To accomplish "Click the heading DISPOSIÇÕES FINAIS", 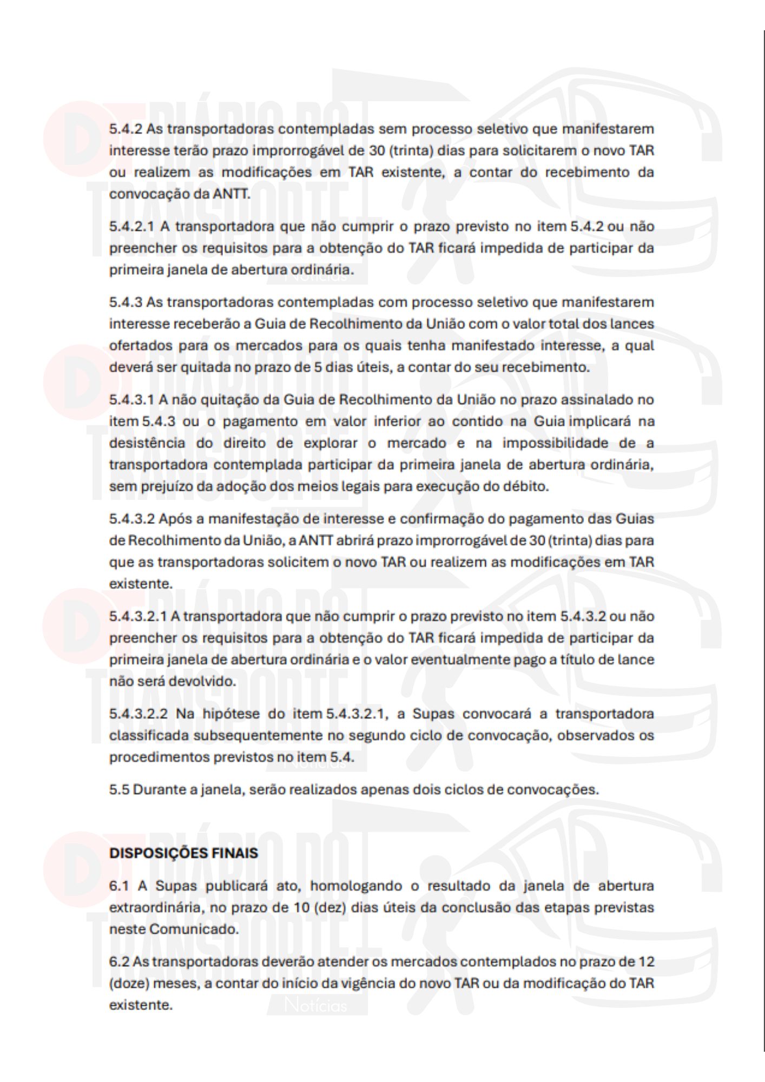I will (183, 853).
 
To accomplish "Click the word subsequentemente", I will (268, 735).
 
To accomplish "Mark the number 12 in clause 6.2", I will (646, 962).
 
